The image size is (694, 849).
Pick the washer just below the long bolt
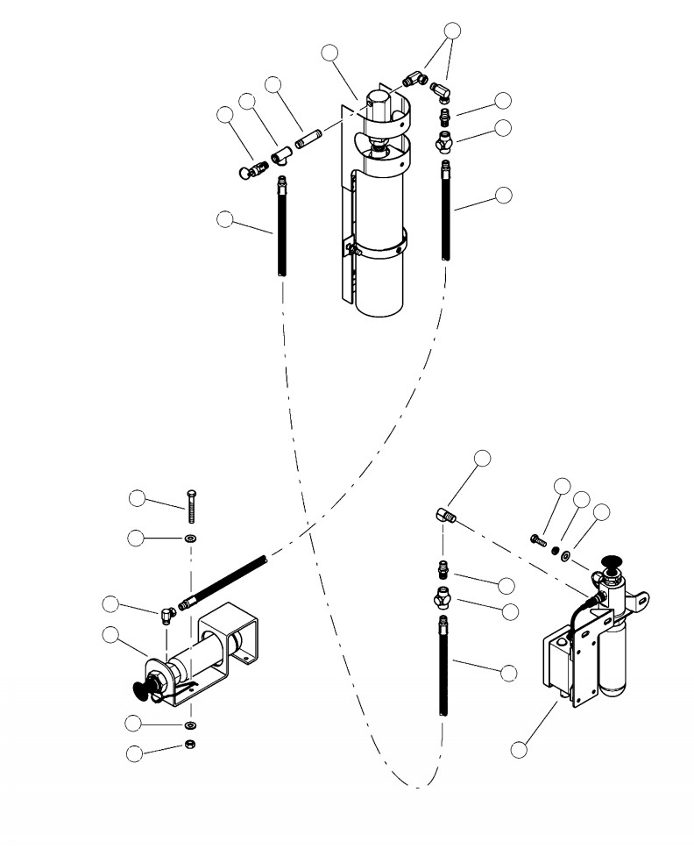click(x=191, y=537)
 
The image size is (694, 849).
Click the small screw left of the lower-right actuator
click(x=537, y=539)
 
